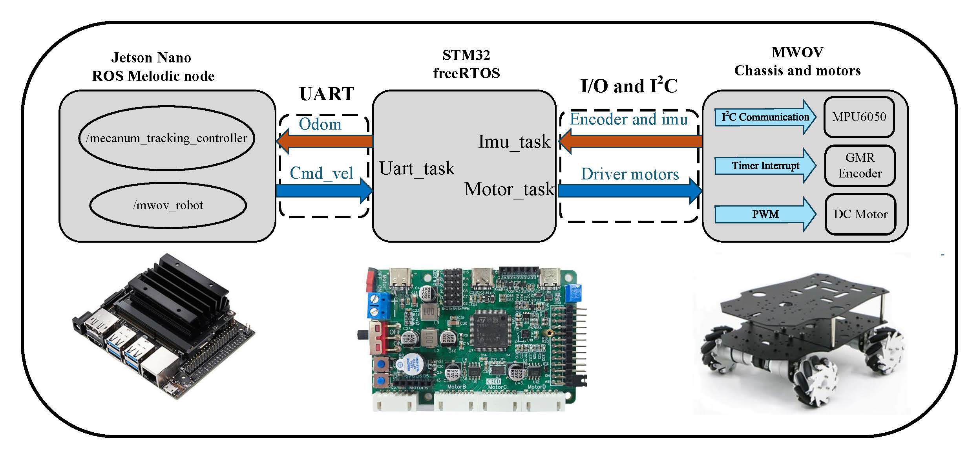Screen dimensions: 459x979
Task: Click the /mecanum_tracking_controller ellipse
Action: pyautogui.click(x=167, y=138)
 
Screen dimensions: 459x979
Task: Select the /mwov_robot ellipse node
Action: pyautogui.click(x=168, y=205)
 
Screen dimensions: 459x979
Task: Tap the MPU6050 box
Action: pyautogui.click(x=859, y=117)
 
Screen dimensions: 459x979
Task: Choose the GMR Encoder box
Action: pyautogui.click(x=860, y=165)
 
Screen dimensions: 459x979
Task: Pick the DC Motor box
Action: pyautogui.click(x=860, y=214)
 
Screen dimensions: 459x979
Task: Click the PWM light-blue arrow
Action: pyautogui.click(x=765, y=214)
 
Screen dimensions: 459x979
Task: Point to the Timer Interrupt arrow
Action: pyautogui.click(x=765, y=166)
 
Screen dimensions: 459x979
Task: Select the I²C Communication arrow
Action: pyautogui.click(x=765, y=117)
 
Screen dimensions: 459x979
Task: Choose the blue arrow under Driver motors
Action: pyautogui.click(x=630, y=191)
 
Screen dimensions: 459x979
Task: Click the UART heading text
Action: pyautogui.click(x=327, y=94)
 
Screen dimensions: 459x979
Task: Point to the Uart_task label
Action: pyautogui.click(x=417, y=169)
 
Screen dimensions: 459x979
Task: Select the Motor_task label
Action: pyautogui.click(x=509, y=190)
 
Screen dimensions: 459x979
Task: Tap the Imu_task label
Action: pyautogui.click(x=514, y=142)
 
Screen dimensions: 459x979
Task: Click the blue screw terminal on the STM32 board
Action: pyautogui.click(x=378, y=305)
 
